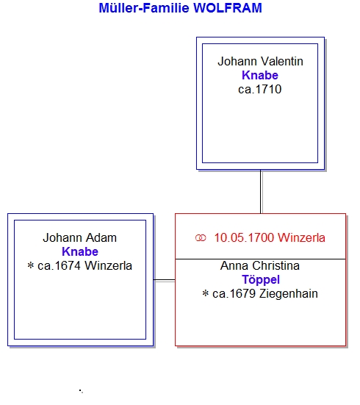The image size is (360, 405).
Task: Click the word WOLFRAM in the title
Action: tap(228, 8)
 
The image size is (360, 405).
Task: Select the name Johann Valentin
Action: tap(260, 62)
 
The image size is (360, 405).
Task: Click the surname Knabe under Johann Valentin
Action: tap(260, 76)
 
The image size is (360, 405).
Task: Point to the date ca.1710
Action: tap(260, 90)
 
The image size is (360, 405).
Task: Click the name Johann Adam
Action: tap(80, 237)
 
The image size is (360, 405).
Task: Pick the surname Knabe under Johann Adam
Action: tap(80, 251)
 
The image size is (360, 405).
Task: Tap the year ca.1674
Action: tap(59, 266)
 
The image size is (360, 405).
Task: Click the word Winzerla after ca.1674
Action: tap(109, 266)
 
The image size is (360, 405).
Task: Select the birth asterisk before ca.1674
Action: tap(31, 265)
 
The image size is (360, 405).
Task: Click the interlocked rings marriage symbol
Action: tap(201, 238)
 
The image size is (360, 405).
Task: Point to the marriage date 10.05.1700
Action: tap(244, 237)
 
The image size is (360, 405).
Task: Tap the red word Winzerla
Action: tap(302, 237)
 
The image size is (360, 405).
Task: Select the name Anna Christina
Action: tap(260, 266)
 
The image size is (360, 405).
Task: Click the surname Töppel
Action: tap(261, 280)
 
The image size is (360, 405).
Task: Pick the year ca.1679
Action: tap(234, 294)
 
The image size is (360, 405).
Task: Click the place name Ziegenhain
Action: tap(289, 294)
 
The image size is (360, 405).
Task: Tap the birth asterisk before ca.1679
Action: tap(206, 293)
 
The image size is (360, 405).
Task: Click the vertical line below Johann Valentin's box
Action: tap(261, 192)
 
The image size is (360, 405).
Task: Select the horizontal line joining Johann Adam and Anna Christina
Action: tap(165, 280)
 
